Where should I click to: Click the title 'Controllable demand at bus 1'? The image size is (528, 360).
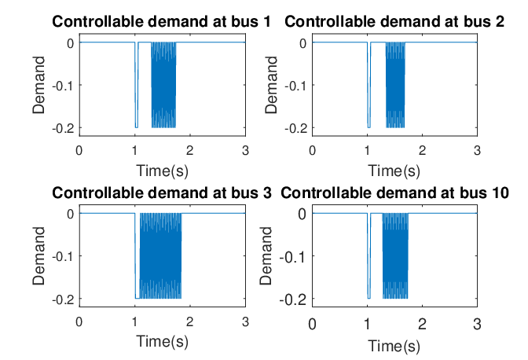coord(161,22)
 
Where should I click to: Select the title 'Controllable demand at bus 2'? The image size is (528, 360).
coord(394,22)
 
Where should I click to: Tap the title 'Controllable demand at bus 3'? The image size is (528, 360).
coord(162,193)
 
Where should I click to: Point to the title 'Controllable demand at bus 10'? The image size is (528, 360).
coord(394,193)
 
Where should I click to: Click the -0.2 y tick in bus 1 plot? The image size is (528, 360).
coord(63,128)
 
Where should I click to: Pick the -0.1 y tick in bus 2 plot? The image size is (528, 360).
coord(296,86)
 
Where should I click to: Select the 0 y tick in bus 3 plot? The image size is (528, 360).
coord(71,214)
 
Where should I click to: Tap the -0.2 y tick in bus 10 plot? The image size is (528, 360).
coord(293,299)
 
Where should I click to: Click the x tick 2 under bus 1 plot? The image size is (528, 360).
coord(190,151)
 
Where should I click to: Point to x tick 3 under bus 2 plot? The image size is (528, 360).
coord(477,151)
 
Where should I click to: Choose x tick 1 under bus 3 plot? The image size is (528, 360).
coord(134,322)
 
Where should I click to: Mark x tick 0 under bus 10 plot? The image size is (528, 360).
coord(312,324)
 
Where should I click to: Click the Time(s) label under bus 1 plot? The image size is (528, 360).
coord(162,171)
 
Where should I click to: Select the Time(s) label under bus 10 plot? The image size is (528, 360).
coord(394,346)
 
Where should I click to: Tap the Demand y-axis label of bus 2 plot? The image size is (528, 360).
coord(271,85)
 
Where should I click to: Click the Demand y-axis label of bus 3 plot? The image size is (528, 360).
coord(38,256)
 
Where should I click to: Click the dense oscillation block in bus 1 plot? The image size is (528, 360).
coord(163,85)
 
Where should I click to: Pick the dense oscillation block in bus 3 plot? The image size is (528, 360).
coord(160,256)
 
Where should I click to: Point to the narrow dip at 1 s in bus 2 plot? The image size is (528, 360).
coord(369,85)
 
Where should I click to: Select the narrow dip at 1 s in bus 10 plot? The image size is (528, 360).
coord(369,256)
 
